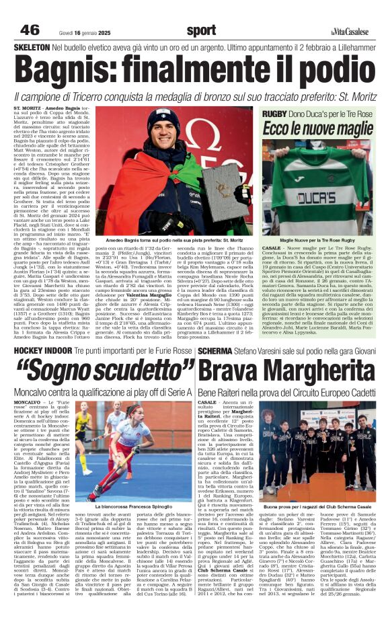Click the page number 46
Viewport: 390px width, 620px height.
pyautogui.click(x=29, y=30)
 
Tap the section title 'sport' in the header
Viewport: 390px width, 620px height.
pyautogui.click(x=201, y=30)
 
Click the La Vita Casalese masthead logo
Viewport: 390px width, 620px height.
pyautogui.click(x=350, y=32)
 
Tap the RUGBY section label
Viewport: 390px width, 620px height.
pyautogui.click(x=274, y=114)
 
